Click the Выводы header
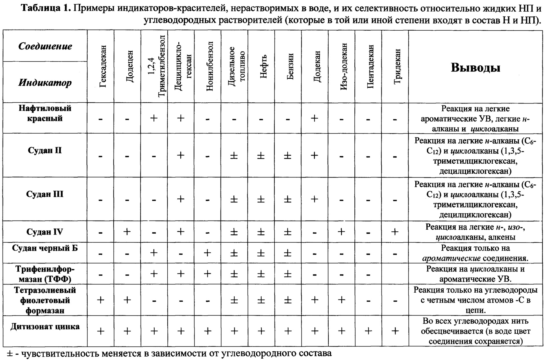475,68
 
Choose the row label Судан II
45,151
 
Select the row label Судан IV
45,232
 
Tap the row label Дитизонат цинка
45,327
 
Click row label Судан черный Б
45,248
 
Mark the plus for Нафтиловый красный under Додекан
314,118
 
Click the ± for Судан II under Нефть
261,156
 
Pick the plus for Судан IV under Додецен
127,232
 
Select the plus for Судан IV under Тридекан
395,232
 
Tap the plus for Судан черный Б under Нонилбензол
208,253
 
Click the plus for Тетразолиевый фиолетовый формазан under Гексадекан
101,300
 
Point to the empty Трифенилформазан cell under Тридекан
395,274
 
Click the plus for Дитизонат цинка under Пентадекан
368,331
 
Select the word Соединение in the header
45,46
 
